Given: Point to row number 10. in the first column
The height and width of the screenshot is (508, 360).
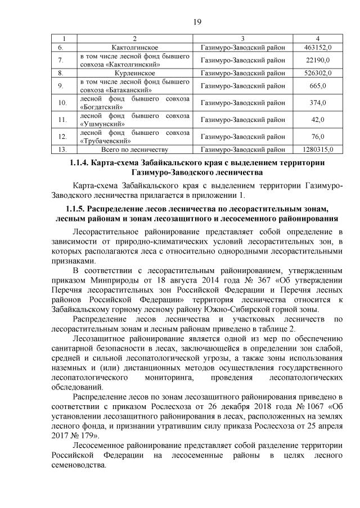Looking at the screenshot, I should (x=62, y=103).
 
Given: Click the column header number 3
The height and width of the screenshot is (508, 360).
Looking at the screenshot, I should (x=242, y=38).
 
